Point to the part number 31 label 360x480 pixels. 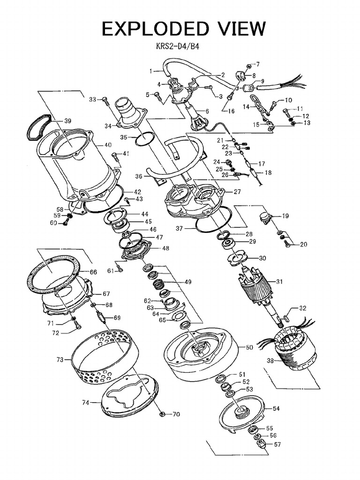279,282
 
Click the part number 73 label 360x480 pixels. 60,360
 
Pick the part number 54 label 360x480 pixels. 276,408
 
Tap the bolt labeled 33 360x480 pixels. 105,99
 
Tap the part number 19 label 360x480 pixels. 285,216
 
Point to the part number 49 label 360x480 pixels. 188,282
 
